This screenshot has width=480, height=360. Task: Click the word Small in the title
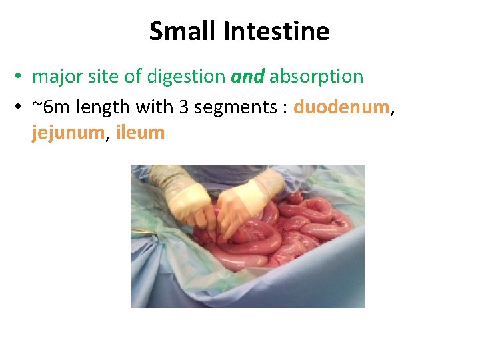tap(178, 31)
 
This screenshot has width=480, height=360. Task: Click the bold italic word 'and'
tap(247, 77)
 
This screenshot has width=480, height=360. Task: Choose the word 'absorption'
tap(316, 77)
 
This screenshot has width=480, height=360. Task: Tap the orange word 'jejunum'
tap(68, 133)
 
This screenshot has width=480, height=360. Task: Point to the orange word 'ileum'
tap(140, 133)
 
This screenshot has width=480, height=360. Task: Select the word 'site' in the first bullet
tap(101, 77)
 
